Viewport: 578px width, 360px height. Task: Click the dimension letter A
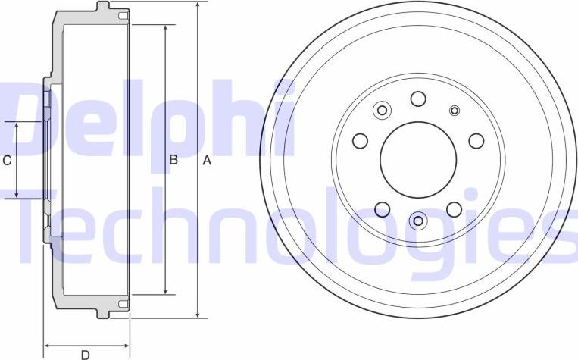click(x=207, y=161)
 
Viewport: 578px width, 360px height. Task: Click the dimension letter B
click(x=173, y=160)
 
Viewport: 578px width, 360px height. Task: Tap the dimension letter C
click(x=7, y=160)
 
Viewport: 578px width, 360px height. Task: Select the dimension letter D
click(x=86, y=354)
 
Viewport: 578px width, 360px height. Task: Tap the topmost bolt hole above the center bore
click(x=418, y=98)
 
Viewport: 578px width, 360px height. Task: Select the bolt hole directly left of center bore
click(x=361, y=141)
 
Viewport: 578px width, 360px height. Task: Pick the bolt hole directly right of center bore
click(x=476, y=141)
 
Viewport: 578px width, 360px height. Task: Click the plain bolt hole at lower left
click(x=383, y=209)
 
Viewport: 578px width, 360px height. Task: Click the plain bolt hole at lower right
click(x=454, y=209)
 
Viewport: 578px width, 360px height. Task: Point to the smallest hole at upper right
click(x=455, y=111)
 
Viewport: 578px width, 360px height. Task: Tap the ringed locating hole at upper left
click(x=382, y=111)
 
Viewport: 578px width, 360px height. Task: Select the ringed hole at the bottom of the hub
click(x=418, y=221)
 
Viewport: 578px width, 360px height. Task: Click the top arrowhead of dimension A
click(x=197, y=6)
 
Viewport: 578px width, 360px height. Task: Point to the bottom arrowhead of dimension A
click(x=197, y=312)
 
